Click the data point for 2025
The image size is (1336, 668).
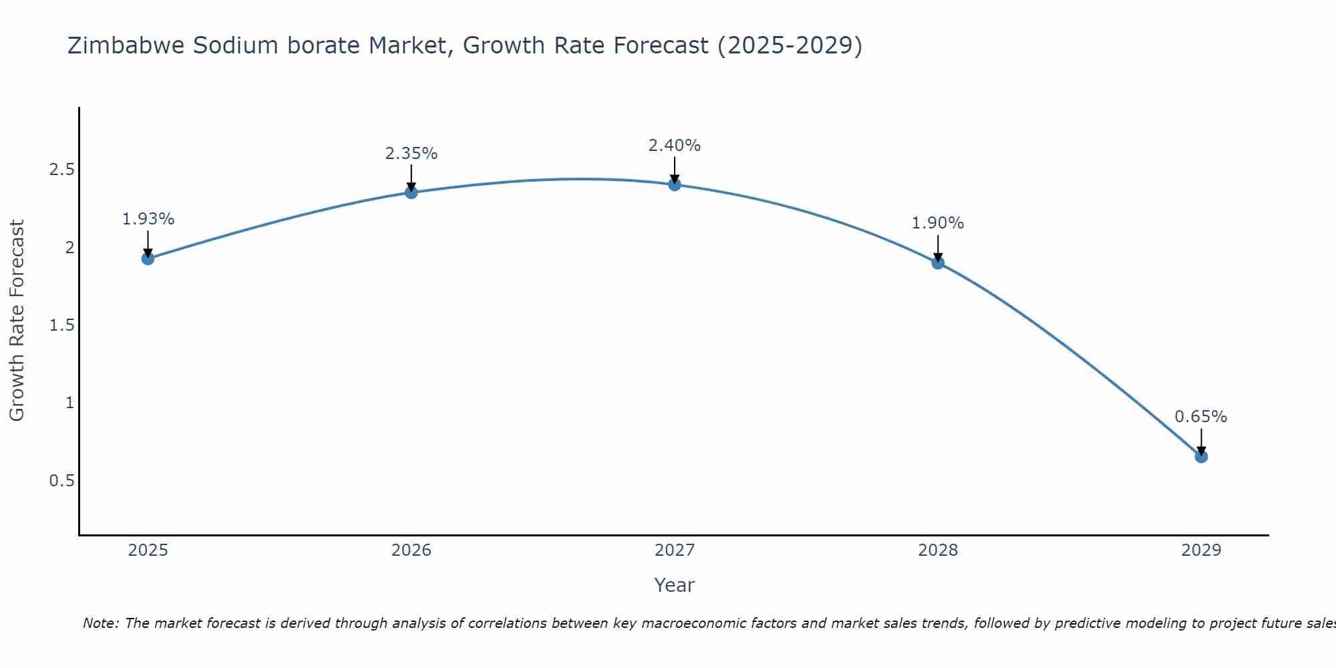148,259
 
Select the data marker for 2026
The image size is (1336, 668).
411,192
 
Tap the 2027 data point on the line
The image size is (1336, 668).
675,184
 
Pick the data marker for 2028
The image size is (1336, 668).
938,263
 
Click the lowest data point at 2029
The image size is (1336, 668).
1201,457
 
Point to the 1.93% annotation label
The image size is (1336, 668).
148,219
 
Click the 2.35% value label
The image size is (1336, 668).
411,154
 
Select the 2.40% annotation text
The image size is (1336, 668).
675,146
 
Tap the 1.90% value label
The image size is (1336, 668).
938,223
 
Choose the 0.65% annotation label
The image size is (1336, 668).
1201,417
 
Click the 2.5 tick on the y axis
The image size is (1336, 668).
61,170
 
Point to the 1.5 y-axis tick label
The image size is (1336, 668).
61,325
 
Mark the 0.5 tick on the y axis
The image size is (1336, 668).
61,481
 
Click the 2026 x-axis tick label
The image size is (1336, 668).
411,550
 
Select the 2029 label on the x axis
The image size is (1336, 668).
1201,550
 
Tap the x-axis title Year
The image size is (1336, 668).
675,585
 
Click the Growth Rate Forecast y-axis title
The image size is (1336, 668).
17,321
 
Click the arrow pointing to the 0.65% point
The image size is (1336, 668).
1201,441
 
